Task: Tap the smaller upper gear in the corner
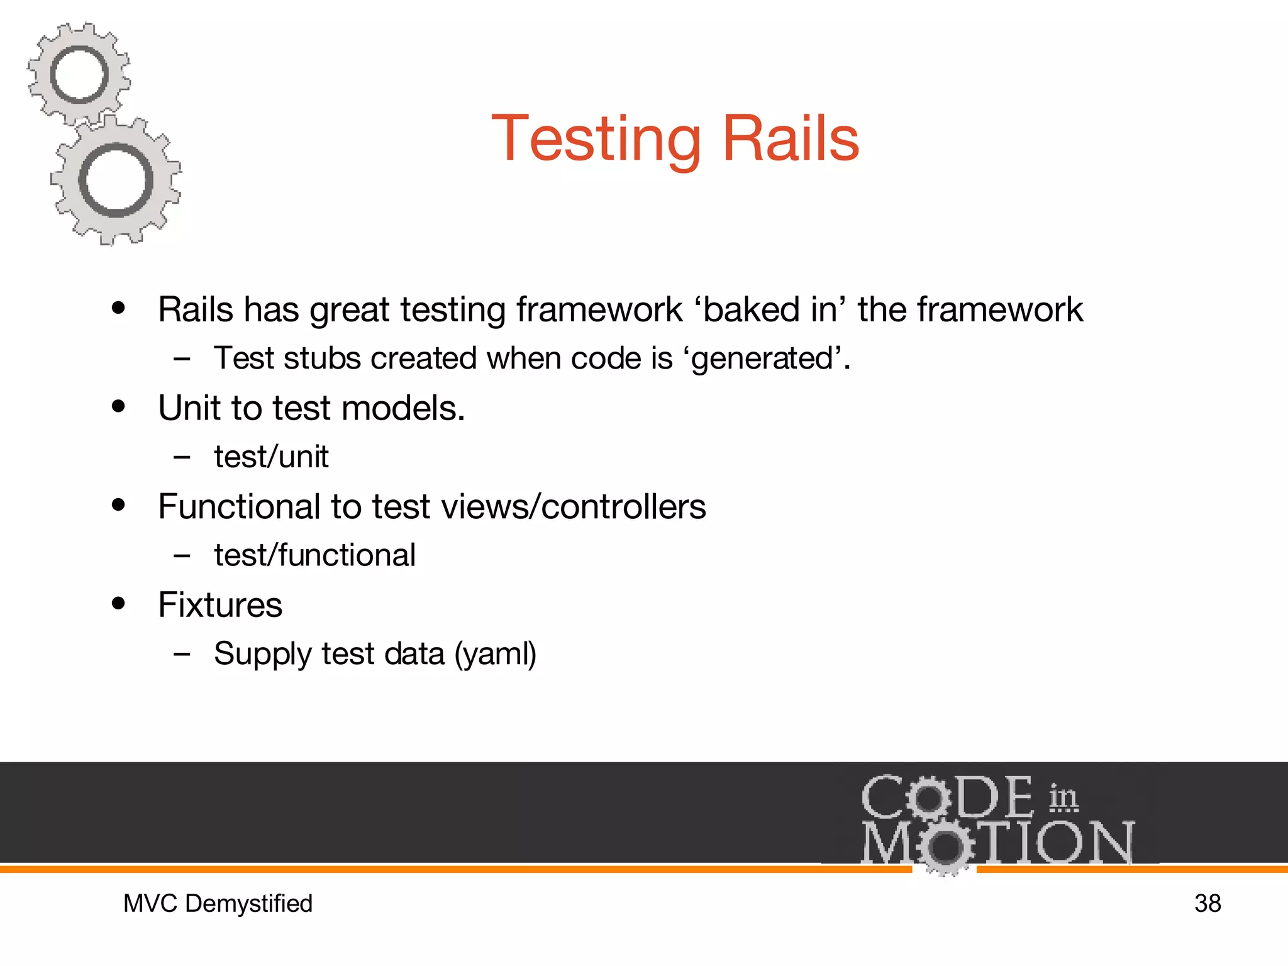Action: click(79, 74)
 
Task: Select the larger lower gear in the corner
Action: click(116, 180)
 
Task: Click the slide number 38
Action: click(1207, 903)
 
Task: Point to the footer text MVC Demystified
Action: click(218, 903)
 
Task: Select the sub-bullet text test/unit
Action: click(271, 457)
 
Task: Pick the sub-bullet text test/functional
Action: click(314, 555)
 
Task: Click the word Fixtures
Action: click(220, 605)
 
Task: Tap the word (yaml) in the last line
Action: click(496, 654)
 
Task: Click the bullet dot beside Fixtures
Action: click(118, 604)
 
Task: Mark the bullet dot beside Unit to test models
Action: click(118, 406)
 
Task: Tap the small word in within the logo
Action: click(1063, 797)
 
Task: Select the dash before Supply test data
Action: click(182, 654)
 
